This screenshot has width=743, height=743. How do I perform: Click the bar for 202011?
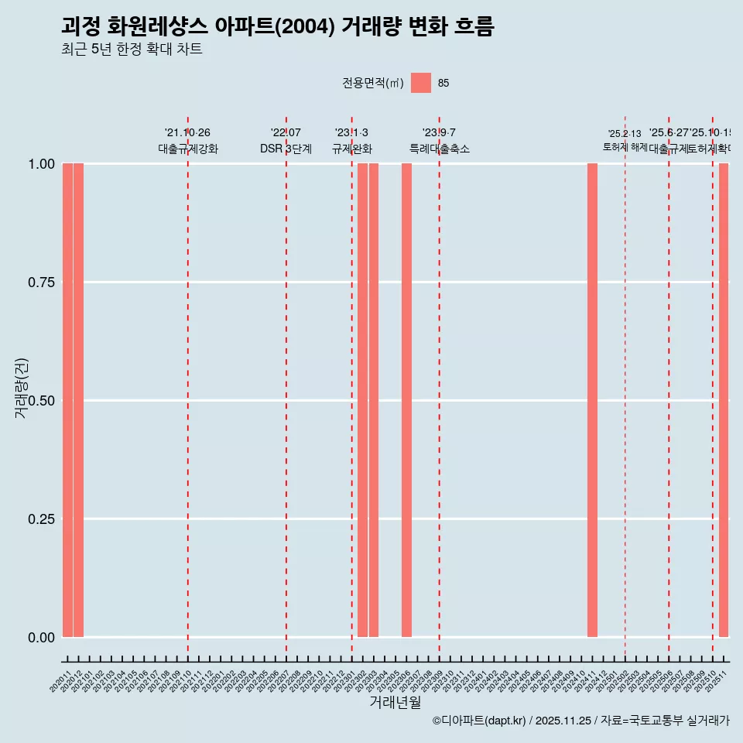[67, 400]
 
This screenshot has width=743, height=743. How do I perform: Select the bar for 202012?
[78, 400]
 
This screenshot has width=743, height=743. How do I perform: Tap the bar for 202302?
[362, 400]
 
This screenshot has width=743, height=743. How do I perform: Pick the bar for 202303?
[374, 400]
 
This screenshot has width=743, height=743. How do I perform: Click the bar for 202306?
[406, 400]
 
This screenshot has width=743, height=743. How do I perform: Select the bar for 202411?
[592, 400]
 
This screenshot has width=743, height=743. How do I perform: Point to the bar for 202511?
[724, 400]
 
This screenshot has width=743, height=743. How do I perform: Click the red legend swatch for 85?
[421, 83]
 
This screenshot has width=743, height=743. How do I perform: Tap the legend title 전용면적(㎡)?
[372, 83]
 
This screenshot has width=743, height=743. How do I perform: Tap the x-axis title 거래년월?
[395, 702]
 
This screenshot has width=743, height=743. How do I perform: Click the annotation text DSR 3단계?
[286, 149]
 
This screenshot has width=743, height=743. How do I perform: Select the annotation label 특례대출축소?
[439, 149]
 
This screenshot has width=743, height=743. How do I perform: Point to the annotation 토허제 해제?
[625, 146]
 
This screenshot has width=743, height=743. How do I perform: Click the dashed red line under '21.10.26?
[187, 387]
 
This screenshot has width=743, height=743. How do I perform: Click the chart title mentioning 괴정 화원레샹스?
[277, 26]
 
